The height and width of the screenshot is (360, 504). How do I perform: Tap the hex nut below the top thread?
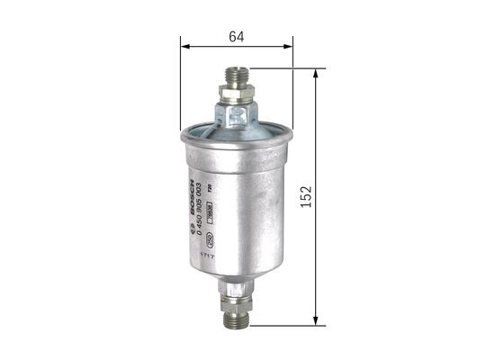tap(236, 92)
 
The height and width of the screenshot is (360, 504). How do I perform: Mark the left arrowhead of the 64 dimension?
tap(183, 44)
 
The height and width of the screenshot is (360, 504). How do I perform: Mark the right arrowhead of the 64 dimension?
tap(290, 44)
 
